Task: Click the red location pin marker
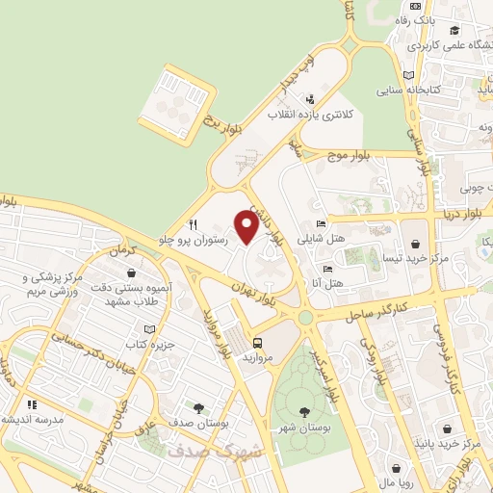point(246,228)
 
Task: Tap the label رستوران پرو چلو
point(197,240)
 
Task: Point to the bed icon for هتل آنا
point(327,269)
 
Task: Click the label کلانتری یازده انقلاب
point(309,114)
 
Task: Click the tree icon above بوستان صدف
point(198,408)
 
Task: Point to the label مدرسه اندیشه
point(33,419)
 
